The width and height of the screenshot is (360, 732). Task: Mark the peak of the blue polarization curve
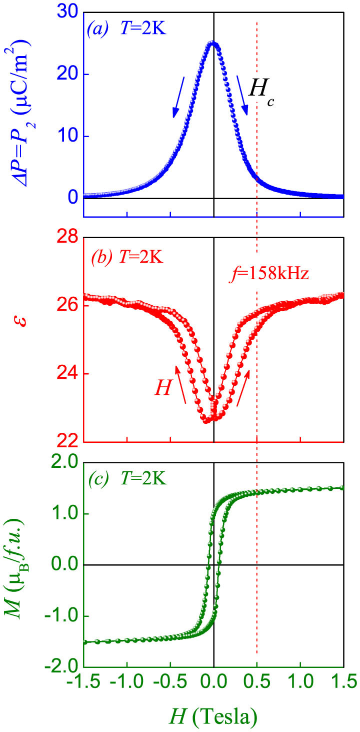coord(213,44)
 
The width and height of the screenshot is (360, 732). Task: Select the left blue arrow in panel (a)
coord(179,97)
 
